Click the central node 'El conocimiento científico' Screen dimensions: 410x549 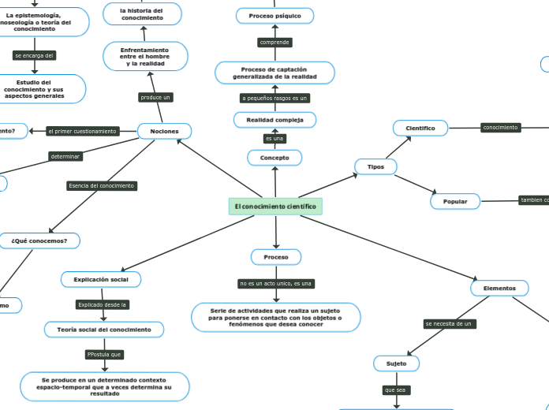coord(275,207)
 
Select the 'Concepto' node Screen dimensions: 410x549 coord(274,158)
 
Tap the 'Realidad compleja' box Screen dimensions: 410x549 coord(274,120)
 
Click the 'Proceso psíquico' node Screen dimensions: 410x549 coord(274,16)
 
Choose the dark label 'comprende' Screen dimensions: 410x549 coord(274,42)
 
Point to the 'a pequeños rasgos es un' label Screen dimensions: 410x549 coord(274,99)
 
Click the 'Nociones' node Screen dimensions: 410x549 coord(164,131)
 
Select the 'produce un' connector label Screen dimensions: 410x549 coord(155,98)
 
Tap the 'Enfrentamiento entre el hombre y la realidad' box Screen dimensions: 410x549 coord(144,57)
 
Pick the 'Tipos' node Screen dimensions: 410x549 coord(375,166)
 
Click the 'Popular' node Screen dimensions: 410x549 coord(455,202)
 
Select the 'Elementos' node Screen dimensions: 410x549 coord(499,289)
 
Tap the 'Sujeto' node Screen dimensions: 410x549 coord(396,363)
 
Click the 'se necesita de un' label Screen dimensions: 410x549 coord(449,324)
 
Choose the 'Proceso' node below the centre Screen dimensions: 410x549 coord(276,257)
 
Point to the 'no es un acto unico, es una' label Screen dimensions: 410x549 coord(276,283)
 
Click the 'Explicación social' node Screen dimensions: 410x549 coord(101,279)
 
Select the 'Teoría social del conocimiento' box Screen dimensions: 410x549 coord(104,329)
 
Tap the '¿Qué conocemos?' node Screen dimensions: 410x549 coord(39,240)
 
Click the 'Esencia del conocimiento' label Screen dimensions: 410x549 coord(102,186)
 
